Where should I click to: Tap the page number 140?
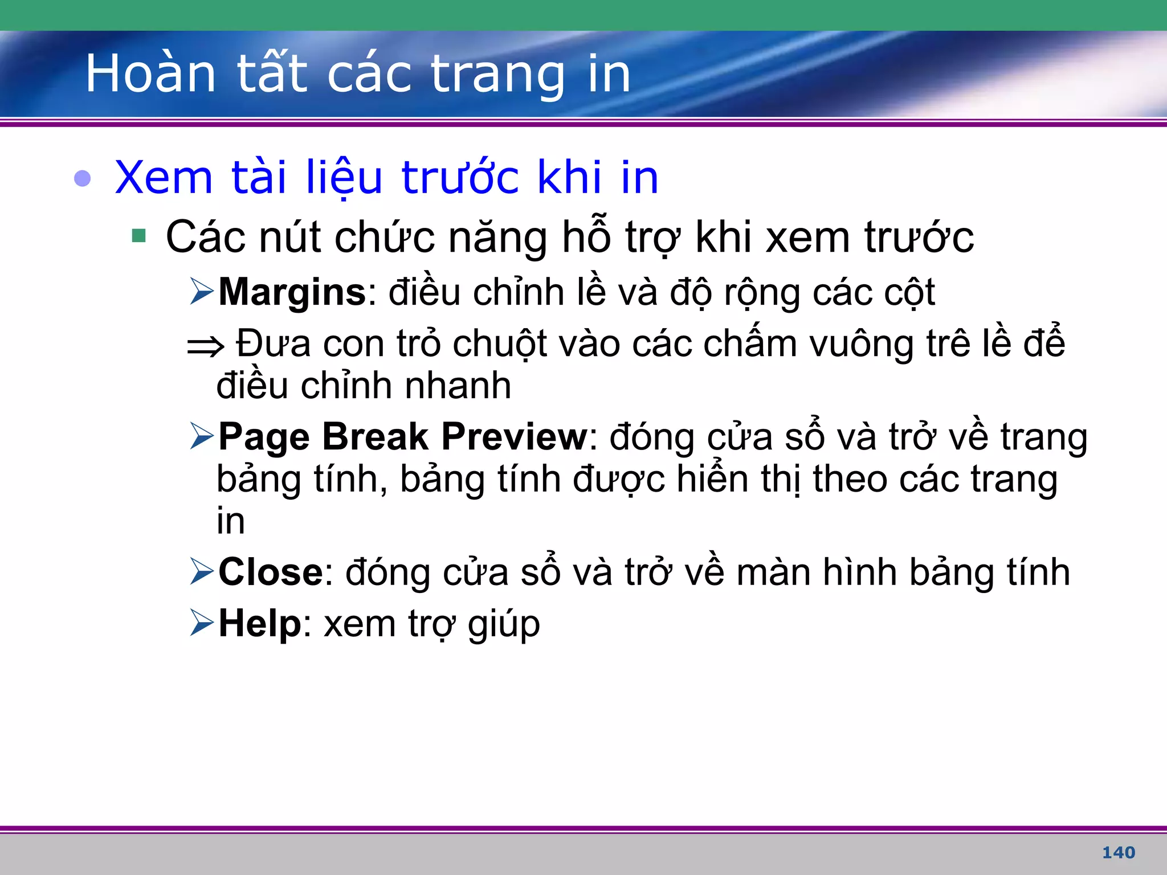(x=1119, y=852)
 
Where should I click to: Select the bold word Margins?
(x=292, y=292)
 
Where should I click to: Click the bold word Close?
(x=271, y=572)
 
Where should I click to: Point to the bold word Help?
(x=260, y=623)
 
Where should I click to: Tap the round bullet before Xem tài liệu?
(x=83, y=178)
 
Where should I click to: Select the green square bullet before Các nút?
(x=138, y=235)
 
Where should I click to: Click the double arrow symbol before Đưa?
(x=206, y=346)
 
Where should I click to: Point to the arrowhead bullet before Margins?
(x=202, y=291)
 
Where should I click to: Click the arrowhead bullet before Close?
(x=202, y=571)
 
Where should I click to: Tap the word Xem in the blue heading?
(x=164, y=177)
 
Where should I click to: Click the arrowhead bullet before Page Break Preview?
(x=202, y=436)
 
